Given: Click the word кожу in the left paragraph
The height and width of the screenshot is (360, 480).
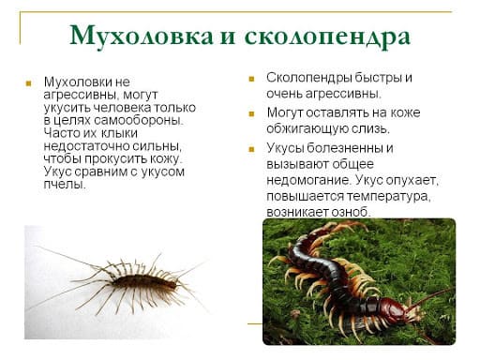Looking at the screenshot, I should [x=167, y=159].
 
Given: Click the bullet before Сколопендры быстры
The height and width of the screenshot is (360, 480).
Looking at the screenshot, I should [x=252, y=78].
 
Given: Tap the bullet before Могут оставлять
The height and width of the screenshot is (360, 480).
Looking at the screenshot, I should [x=252, y=113].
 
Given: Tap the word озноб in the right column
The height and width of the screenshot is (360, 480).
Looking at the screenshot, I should [x=349, y=213].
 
